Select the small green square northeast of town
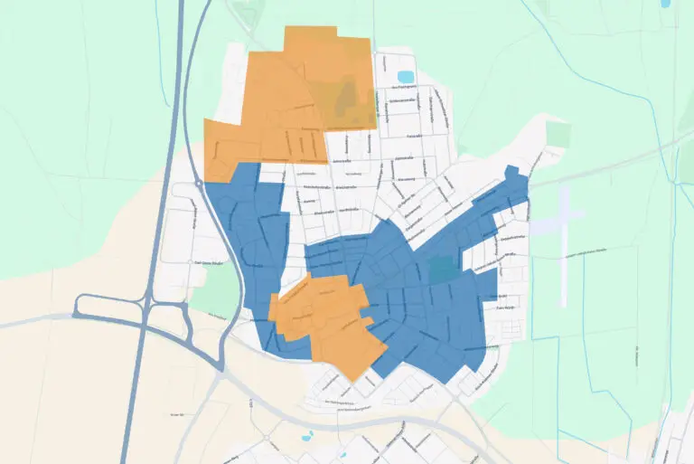pyautogui.click(x=559, y=134)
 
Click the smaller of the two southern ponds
pyautogui.click(x=342, y=455)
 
